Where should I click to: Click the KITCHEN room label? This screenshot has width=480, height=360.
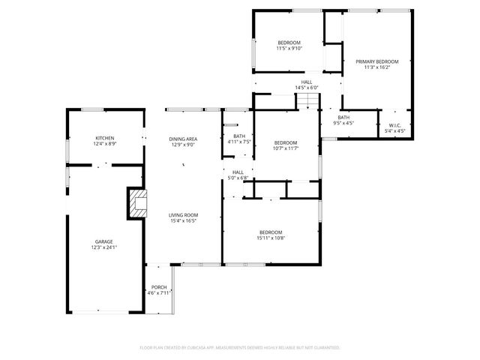tap(104, 138)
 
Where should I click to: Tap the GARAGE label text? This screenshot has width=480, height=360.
tap(103, 241)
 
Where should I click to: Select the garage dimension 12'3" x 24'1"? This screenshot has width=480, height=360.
tap(103, 247)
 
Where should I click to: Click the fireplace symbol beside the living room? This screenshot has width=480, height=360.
tap(137, 203)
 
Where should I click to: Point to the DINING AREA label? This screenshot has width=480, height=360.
tap(183, 139)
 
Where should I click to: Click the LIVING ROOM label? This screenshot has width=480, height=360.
tap(183, 215)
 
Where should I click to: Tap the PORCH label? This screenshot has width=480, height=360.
tap(159, 287)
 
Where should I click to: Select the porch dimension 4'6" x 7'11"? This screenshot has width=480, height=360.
tap(159, 293)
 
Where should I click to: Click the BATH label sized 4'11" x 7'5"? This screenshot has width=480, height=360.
tap(238, 136)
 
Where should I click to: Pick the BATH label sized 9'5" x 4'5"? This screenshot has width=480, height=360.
tap(343, 117)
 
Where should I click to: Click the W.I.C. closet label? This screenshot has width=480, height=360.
tap(394, 125)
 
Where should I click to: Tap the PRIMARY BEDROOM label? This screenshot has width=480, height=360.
tap(376, 61)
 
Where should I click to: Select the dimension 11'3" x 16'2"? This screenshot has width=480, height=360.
tap(376, 67)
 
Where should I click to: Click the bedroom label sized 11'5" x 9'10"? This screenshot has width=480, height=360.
tap(289, 43)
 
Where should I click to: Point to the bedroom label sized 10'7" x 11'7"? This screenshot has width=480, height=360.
tap(285, 142)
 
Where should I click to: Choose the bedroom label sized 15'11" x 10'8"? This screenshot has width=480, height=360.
tap(271, 232)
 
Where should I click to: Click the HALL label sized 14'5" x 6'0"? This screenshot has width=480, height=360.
tap(307, 82)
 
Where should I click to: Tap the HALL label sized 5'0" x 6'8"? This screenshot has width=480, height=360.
tap(238, 172)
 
